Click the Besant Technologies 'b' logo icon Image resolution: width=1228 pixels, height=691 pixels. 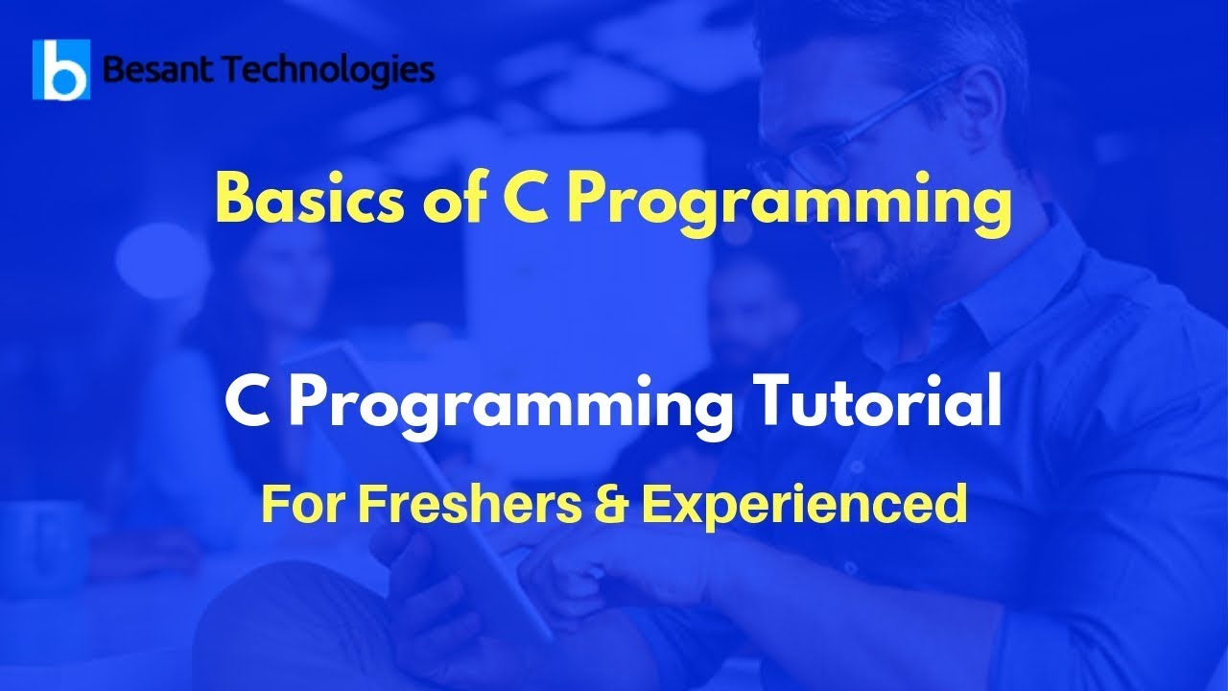[x=61, y=70]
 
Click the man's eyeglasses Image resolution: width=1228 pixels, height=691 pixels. [x=863, y=144]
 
